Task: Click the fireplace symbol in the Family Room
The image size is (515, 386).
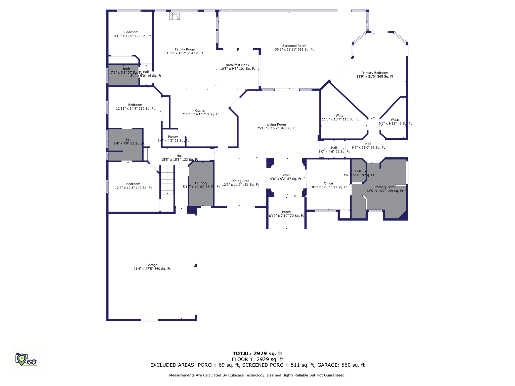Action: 175,16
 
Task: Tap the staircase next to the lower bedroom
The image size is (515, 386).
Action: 167,179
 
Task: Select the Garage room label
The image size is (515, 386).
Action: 152,265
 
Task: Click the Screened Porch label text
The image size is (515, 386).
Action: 294,46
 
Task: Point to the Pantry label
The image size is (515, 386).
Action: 173,137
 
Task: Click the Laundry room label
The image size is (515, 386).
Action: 201,183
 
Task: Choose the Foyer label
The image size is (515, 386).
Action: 286,175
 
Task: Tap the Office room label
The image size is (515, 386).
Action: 328,183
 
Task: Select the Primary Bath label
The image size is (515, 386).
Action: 384,187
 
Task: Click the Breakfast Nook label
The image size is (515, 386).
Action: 237,65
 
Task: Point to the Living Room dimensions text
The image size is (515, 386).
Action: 276,128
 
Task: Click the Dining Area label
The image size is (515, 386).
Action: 240,181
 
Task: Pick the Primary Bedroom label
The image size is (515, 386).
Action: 375,73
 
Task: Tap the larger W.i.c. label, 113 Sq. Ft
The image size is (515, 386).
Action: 340,116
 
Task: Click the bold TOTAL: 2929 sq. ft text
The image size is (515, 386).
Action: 257,354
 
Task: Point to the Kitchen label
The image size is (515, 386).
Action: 200,111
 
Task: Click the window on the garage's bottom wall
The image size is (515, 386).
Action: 149,320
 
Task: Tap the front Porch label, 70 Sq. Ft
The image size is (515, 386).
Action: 286,212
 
